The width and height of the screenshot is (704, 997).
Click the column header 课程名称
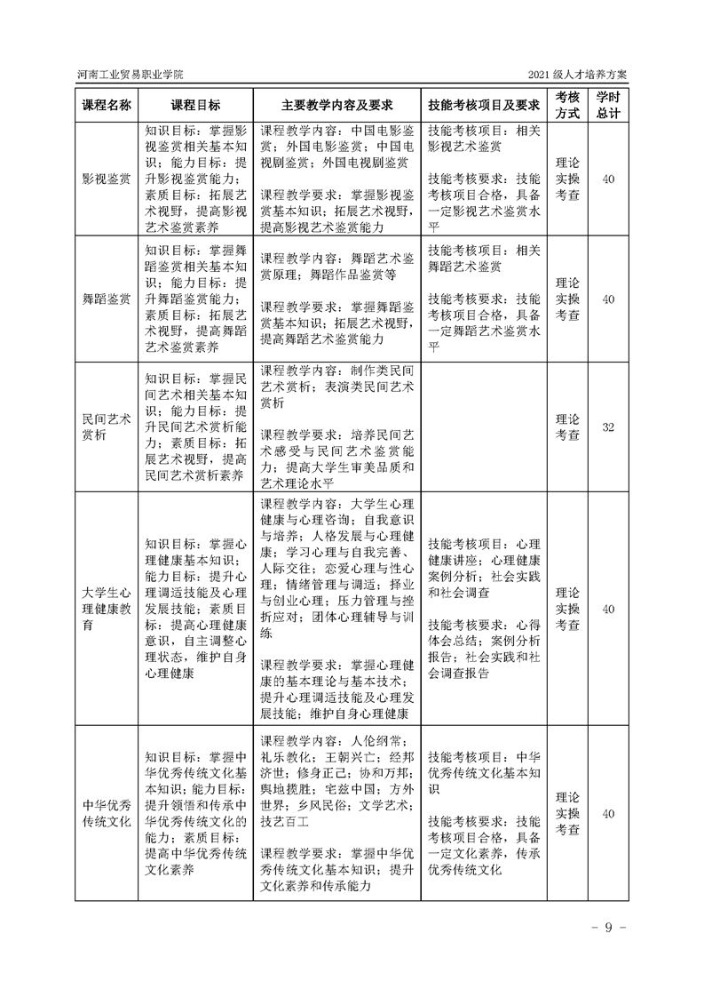tap(107, 105)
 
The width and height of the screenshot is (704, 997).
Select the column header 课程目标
tap(195, 105)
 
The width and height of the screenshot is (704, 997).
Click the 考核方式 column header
tap(567, 105)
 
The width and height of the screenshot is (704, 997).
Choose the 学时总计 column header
tap(608, 105)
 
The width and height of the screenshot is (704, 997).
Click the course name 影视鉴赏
tap(107, 179)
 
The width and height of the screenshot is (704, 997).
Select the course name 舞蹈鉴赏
tap(107, 299)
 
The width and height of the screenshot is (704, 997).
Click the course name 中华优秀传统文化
tap(107, 813)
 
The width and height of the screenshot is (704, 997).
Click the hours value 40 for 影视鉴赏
tap(608, 179)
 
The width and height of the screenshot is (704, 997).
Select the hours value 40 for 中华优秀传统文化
tap(608, 813)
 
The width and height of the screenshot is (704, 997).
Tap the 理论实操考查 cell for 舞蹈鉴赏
tap(567, 299)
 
